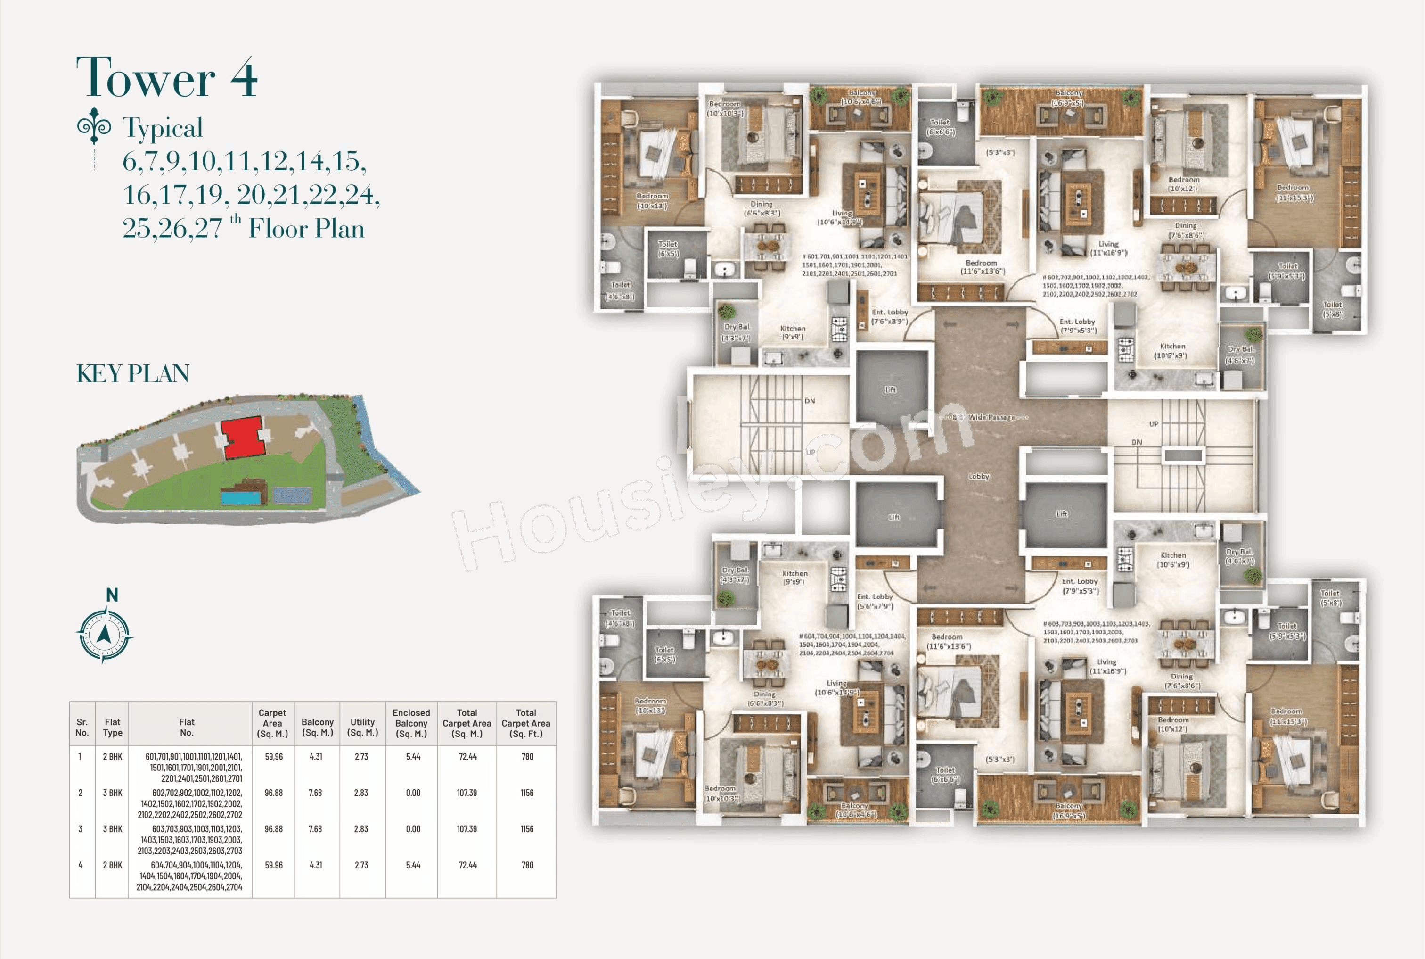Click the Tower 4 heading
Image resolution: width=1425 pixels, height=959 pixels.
[x=166, y=78]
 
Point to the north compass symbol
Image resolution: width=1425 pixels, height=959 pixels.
[x=104, y=634]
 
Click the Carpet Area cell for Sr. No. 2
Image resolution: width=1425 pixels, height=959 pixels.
[x=273, y=793]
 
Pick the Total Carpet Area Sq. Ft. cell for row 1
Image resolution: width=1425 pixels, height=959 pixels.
[x=527, y=757]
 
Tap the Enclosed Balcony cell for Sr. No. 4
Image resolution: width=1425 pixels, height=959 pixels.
[x=413, y=865]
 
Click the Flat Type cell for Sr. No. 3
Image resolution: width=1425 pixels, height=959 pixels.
[x=113, y=829]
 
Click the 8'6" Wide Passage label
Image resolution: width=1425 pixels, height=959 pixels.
[x=991, y=417]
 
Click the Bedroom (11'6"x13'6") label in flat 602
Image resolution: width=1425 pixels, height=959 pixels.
[x=982, y=267]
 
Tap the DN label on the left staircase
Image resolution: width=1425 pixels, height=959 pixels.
[x=810, y=401]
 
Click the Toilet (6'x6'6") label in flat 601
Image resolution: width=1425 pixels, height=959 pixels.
[x=940, y=127]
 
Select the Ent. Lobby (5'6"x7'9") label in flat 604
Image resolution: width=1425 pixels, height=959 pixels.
[x=875, y=601]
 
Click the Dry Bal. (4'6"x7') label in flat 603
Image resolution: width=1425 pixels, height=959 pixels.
[x=1239, y=556]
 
